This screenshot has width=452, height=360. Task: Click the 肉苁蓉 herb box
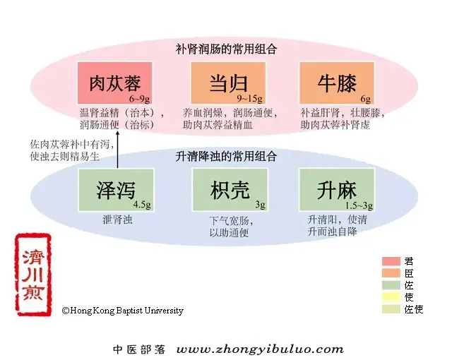[114, 83]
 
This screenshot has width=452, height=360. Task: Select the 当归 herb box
[228, 83]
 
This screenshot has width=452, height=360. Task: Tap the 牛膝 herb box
[337, 83]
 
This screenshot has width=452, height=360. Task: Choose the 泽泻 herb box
[116, 190]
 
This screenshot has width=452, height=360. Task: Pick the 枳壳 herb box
[230, 190]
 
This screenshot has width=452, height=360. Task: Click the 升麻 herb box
[337, 190]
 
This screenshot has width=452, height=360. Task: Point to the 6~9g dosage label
[140, 99]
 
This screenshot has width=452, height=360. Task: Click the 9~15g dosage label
[249, 99]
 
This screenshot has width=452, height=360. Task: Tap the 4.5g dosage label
[142, 205]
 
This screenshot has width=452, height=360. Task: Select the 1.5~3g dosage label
[359, 205]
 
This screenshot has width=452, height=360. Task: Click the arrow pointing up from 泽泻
[117, 149]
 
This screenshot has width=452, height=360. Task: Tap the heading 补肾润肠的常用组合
[226, 49]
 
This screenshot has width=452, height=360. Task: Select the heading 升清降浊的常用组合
[226, 157]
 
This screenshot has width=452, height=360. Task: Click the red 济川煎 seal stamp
[33, 275]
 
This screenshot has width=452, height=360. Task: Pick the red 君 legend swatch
[391, 261]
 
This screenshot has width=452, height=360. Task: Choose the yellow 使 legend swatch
[391, 297]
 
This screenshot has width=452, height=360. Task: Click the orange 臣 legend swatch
[391, 273]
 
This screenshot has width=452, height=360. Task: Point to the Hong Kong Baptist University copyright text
[123, 311]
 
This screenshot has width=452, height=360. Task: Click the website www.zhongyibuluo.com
[260, 349]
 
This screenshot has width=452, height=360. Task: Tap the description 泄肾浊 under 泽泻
[117, 220]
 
